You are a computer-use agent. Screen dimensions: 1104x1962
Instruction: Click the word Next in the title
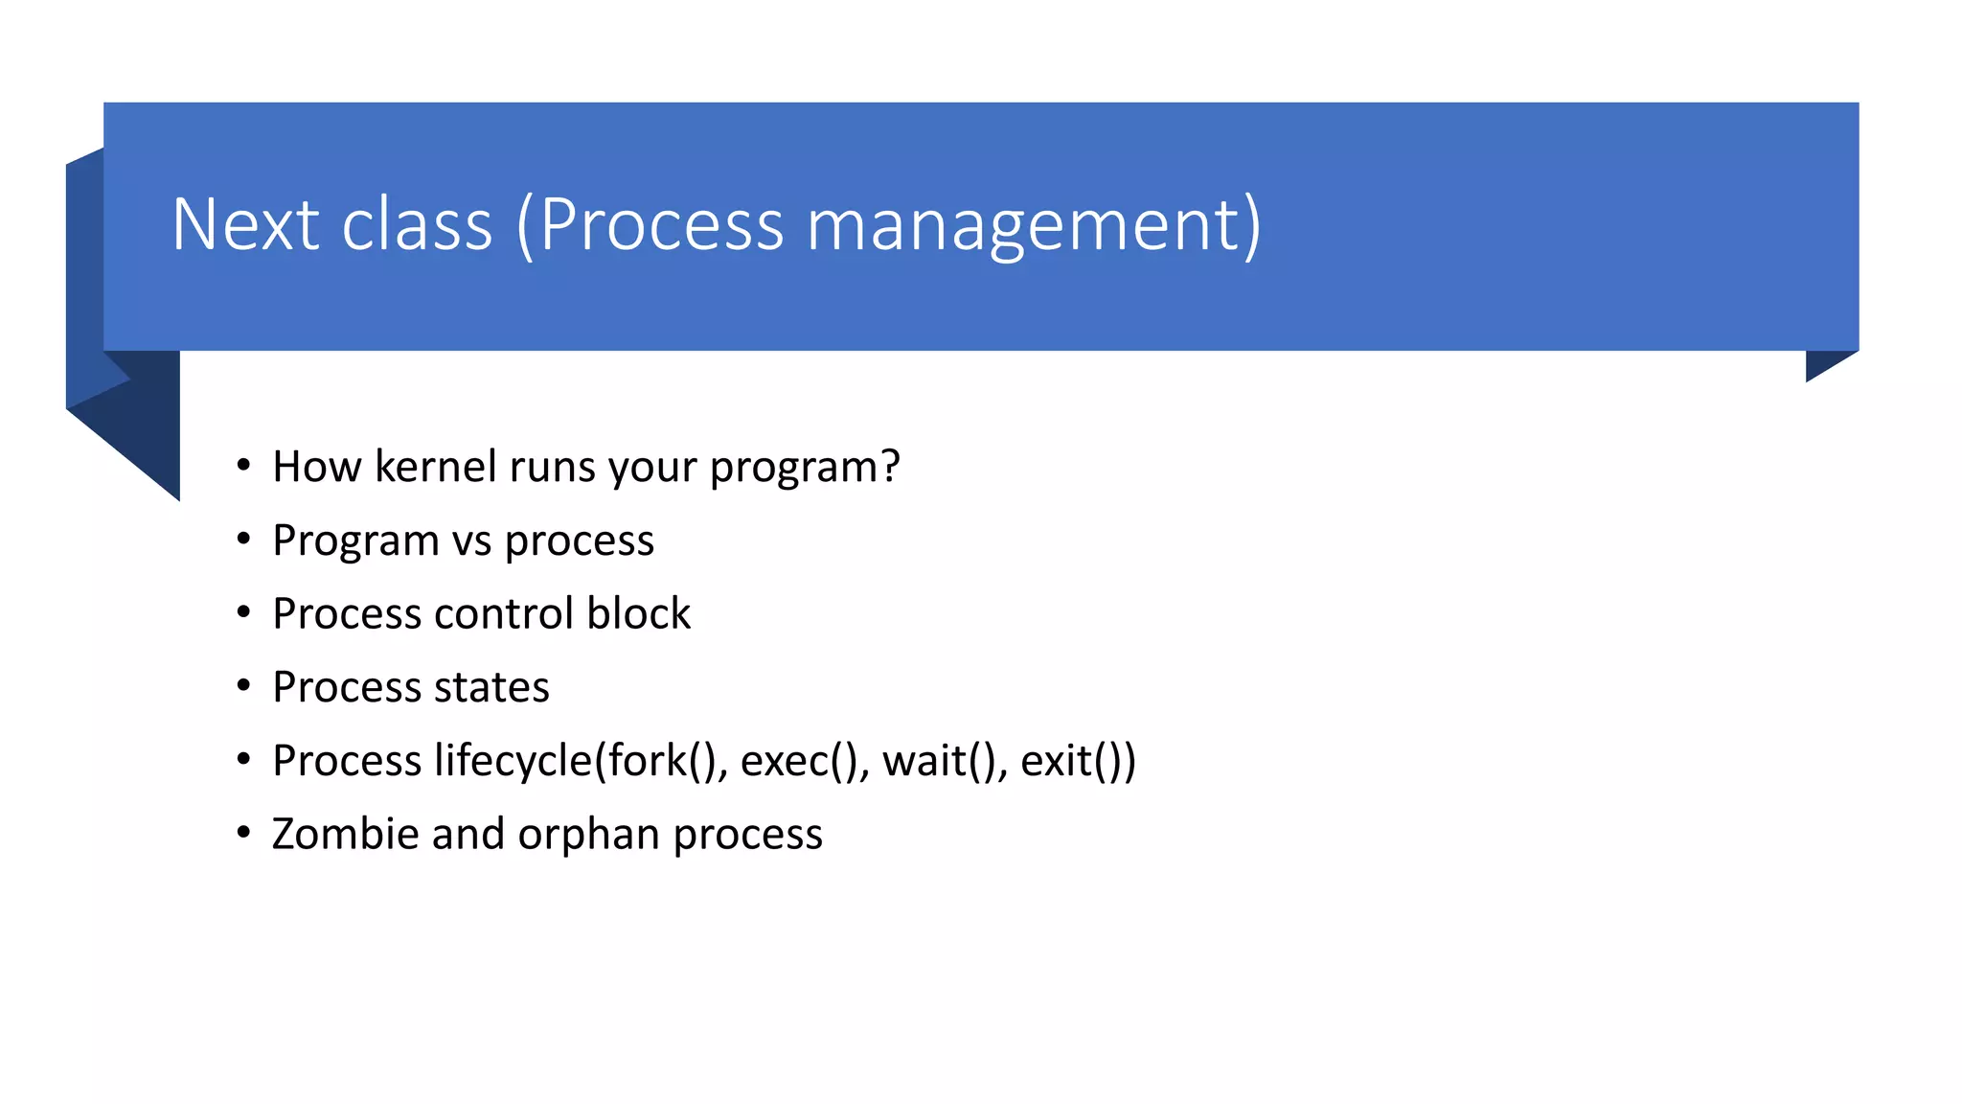[x=245, y=224]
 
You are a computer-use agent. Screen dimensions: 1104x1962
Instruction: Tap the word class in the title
[x=417, y=224]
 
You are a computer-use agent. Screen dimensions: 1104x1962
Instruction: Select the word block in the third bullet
[x=638, y=613]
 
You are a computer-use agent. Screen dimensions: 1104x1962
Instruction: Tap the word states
[x=491, y=687]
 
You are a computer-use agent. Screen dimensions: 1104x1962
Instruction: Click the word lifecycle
[x=513, y=761]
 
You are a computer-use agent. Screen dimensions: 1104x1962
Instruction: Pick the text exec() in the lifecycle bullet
[x=798, y=761]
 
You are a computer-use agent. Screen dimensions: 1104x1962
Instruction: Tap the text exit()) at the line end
[x=1078, y=761]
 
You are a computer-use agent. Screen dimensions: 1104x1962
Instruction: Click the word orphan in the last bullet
[x=589, y=835]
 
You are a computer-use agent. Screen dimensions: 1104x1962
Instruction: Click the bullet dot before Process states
[x=243, y=686]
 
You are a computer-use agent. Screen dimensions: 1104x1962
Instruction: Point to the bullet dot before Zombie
[x=243, y=833]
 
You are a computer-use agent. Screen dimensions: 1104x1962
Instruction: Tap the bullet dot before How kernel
[x=243, y=466]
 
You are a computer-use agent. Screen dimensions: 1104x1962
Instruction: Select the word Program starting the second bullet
[x=355, y=541]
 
